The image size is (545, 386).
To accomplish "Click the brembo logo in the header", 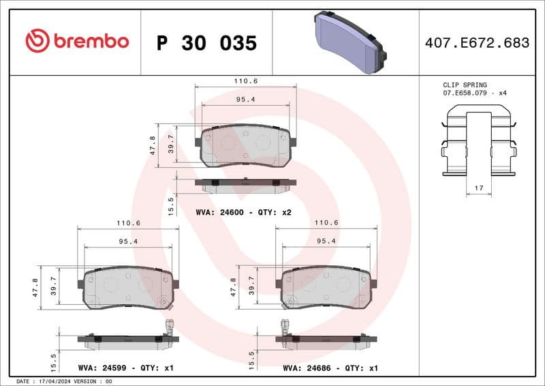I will click(76, 42).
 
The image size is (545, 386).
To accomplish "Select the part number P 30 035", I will click(206, 43).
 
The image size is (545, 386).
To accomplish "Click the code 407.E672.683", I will click(476, 43).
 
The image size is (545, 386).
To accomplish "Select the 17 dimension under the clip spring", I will click(479, 188).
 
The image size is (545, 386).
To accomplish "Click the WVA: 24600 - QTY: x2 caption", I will click(243, 213).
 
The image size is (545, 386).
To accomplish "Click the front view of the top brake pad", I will click(245, 146).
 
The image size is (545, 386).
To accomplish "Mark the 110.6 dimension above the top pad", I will click(246, 80).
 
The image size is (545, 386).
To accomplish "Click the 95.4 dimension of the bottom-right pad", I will click(326, 241).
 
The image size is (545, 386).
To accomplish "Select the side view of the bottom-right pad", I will click(324, 338).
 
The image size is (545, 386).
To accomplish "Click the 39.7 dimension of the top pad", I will click(172, 145).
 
